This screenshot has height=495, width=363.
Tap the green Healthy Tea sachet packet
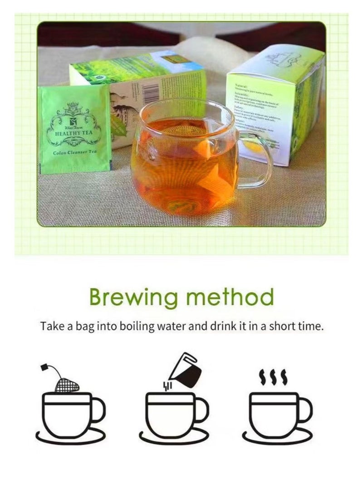point(75,129)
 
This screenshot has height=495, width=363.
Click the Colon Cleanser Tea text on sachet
point(74,153)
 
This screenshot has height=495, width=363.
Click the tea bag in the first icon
point(67,385)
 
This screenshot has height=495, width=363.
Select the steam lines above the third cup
point(273,377)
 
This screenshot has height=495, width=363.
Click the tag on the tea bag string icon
point(44,366)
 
